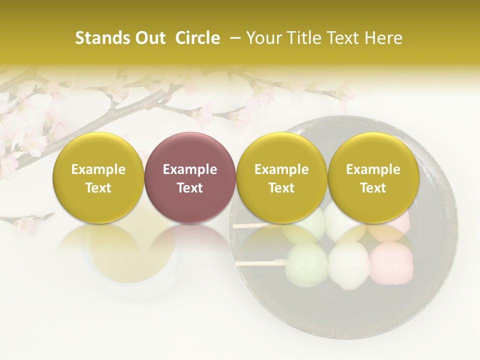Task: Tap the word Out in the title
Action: coord(149,38)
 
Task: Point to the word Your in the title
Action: coord(262,38)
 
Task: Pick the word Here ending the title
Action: coord(384,38)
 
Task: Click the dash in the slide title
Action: coord(233,38)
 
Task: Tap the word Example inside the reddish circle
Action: coord(189,169)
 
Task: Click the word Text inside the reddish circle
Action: coord(189,188)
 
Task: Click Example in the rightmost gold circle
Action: coord(373,169)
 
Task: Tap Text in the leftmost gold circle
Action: coord(98,188)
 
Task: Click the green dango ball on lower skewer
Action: coord(306,265)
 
